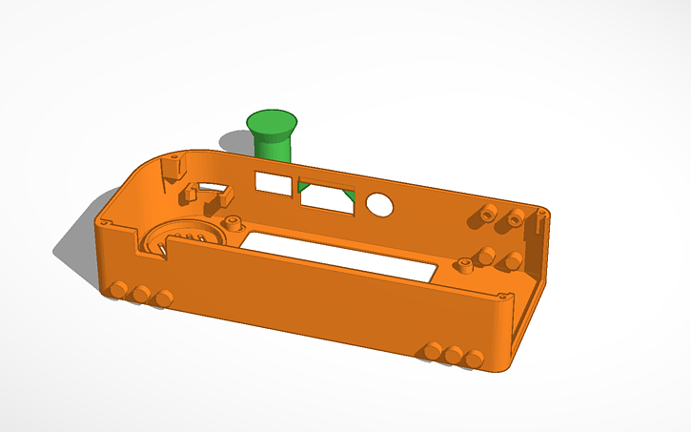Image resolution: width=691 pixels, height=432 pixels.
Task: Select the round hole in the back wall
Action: click(x=380, y=205)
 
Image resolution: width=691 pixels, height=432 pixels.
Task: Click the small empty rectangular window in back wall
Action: click(x=274, y=182)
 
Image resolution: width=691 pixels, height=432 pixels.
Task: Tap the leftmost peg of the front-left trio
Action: click(x=120, y=289)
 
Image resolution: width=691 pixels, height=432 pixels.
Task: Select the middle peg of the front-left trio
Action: click(x=142, y=294)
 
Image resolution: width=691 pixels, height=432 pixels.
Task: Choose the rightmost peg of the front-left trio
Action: click(x=164, y=298)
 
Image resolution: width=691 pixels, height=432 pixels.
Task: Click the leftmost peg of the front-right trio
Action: click(x=434, y=351)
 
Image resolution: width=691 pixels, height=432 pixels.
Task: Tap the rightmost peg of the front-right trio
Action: click(x=475, y=360)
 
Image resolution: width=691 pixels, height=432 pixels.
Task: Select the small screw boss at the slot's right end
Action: click(x=466, y=267)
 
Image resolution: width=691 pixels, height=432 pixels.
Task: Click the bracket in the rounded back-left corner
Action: click(x=173, y=166)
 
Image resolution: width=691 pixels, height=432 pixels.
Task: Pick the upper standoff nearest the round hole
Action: click(x=488, y=211)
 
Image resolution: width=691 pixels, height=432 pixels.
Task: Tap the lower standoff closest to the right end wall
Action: click(x=512, y=260)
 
